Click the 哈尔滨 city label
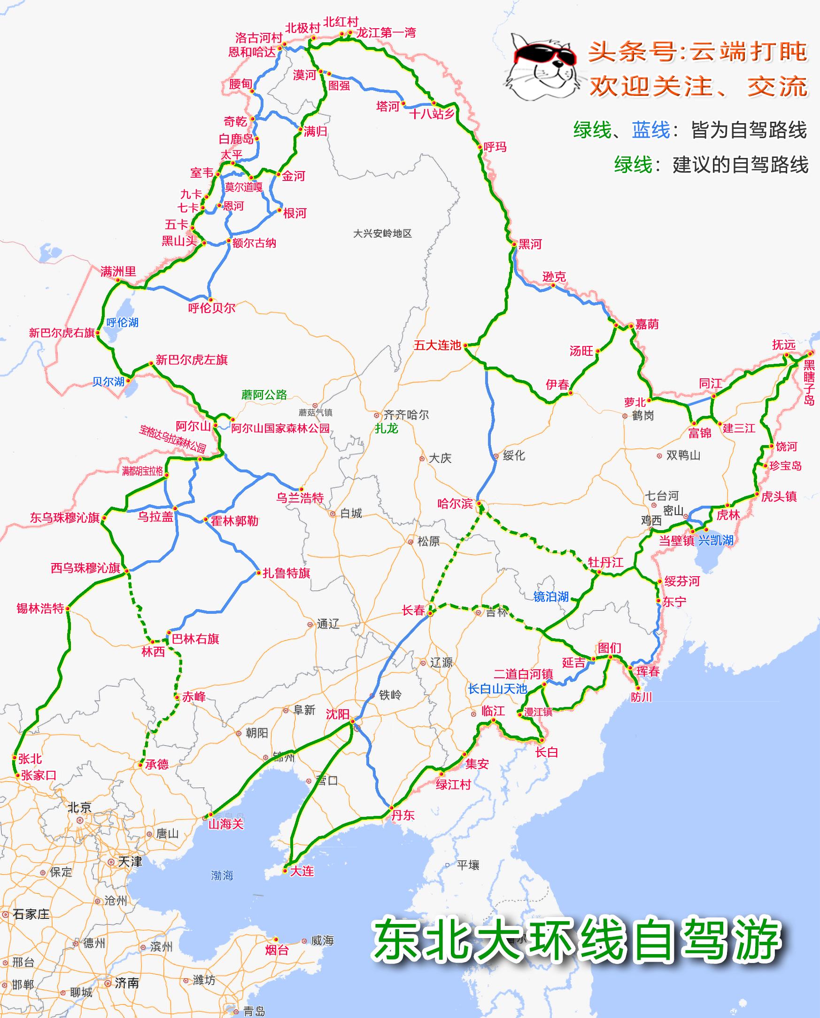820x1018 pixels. pyautogui.click(x=455, y=503)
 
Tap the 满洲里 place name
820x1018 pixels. pyautogui.click(x=118, y=271)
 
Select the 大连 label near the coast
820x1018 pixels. pyautogui.click(x=302, y=870)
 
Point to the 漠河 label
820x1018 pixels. pyautogui.click(x=304, y=75)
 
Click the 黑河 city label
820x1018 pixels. pyautogui.click(x=530, y=244)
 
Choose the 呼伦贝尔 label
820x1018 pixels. pyautogui.click(x=212, y=308)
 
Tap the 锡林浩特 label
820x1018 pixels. pyautogui.click(x=40, y=608)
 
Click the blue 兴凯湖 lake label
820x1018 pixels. pyautogui.click(x=716, y=540)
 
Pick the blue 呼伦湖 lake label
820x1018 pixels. pyautogui.click(x=122, y=322)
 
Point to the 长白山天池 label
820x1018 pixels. pyautogui.click(x=497, y=689)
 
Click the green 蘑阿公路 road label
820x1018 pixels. pyautogui.click(x=264, y=395)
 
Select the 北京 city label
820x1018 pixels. pyautogui.click(x=79, y=807)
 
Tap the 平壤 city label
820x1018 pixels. pyautogui.click(x=468, y=865)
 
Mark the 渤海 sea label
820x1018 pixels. pyautogui.click(x=222, y=875)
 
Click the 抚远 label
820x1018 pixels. pyautogui.click(x=784, y=345)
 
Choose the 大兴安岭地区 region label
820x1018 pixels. pyautogui.click(x=383, y=233)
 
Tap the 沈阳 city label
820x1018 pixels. pyautogui.click(x=338, y=714)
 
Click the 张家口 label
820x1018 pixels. pyautogui.click(x=39, y=775)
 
